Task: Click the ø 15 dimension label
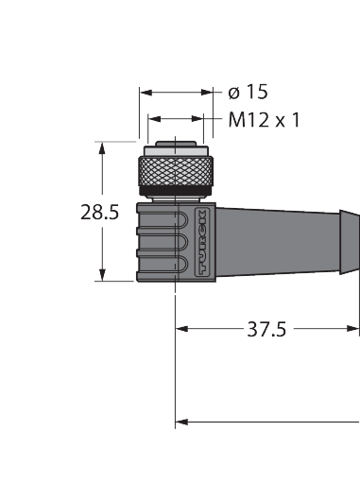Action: coord(249,92)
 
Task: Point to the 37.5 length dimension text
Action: coord(266,329)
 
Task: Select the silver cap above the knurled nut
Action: coord(174,150)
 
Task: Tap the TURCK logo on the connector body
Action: coord(205,243)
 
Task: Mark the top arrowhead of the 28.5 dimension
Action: coord(100,147)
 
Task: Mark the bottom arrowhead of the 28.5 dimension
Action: coord(100,276)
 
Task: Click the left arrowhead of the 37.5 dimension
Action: coord(182,329)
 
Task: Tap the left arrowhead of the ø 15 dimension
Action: coord(145,93)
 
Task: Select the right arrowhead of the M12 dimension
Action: coord(198,120)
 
